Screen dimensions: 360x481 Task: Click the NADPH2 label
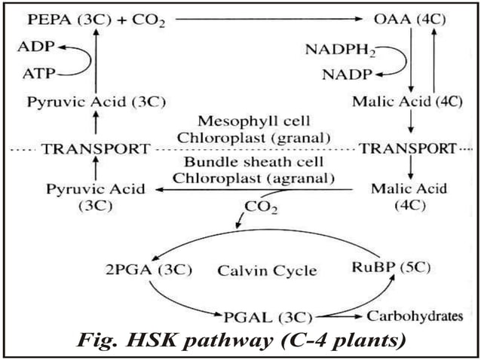coord(337,50)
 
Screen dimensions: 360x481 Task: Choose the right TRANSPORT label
coord(408,148)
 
